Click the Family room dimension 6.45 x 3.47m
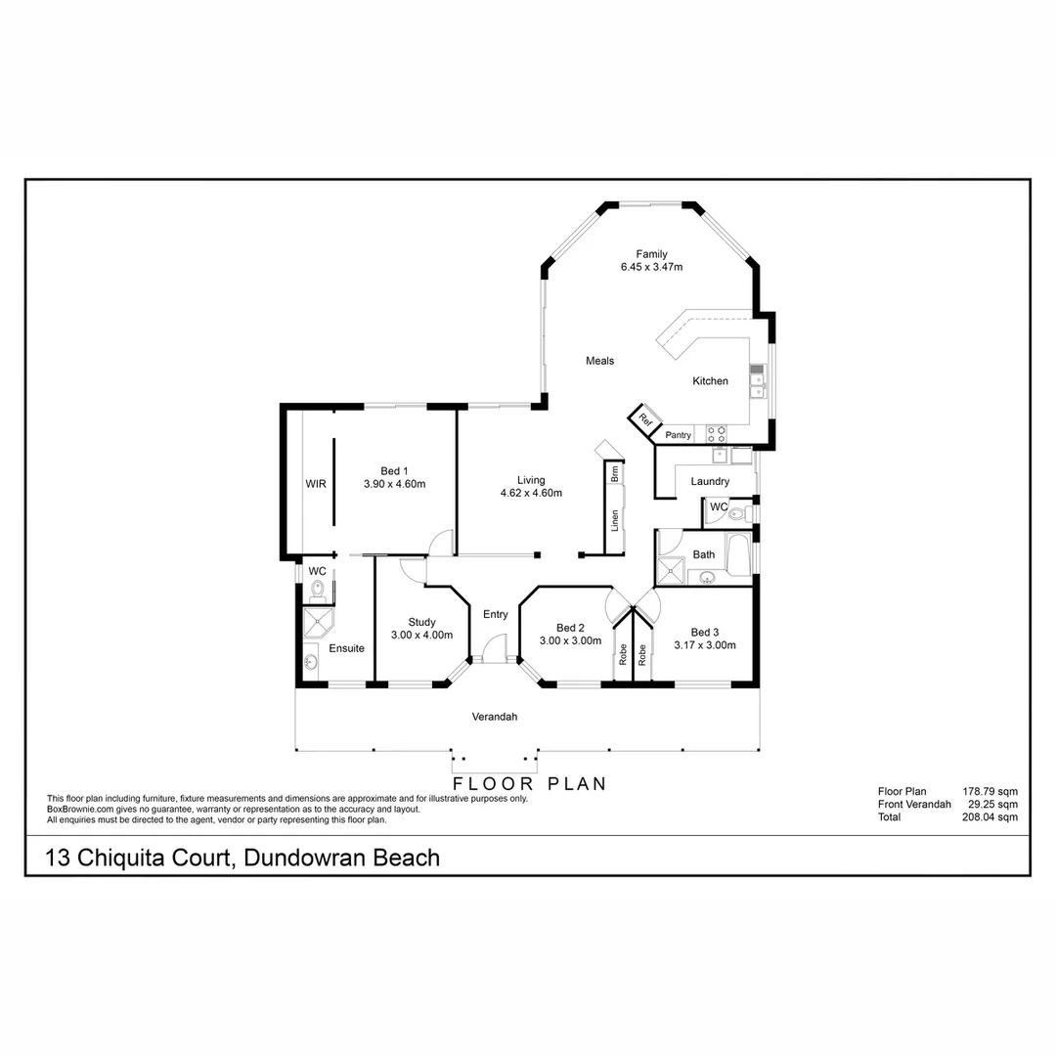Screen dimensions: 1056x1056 650,267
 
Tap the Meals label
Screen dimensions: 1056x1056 599,361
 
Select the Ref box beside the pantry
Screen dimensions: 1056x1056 645,418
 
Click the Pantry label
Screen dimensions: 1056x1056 678,435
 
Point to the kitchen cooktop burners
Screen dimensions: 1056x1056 717,430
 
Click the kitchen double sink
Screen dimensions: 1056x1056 757,381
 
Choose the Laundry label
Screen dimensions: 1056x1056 710,482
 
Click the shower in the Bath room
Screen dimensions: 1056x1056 672,569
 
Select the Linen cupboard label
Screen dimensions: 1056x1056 615,520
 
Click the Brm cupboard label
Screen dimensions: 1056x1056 615,475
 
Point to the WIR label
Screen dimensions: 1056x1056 315,483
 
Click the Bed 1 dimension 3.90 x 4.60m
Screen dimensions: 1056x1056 394,483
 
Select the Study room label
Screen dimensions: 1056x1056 421,622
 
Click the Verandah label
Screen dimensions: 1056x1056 494,717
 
